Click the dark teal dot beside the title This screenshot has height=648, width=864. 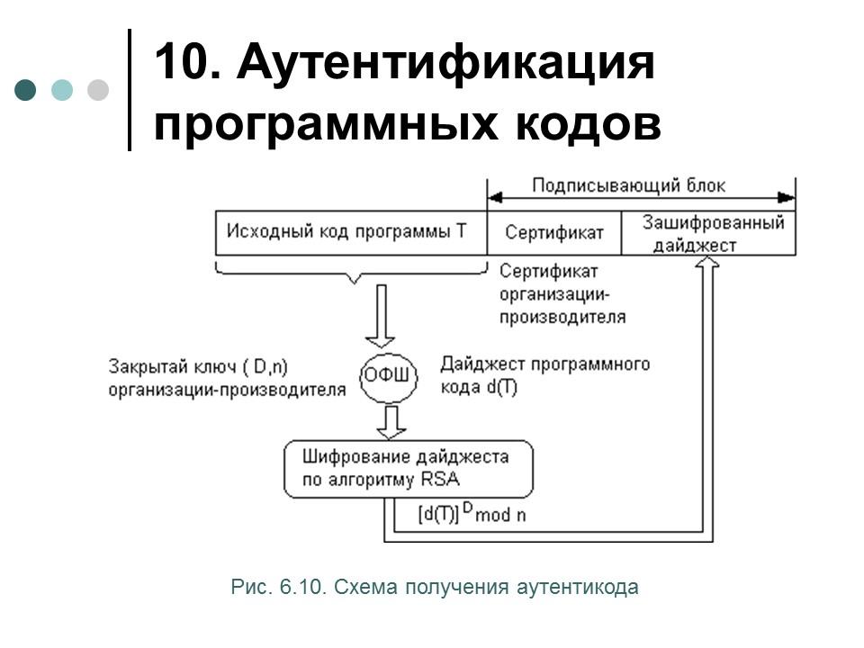click(26, 90)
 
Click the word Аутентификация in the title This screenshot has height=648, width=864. click(445, 65)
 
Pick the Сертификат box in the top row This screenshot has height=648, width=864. click(553, 232)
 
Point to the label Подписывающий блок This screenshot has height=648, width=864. click(628, 186)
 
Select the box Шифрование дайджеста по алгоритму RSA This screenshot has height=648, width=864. click(409, 468)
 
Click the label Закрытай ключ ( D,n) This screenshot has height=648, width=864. click(204, 366)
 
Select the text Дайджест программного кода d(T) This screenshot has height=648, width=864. click(544, 375)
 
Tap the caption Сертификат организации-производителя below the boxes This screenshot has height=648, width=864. click(562, 293)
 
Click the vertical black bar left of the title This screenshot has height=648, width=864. click(129, 90)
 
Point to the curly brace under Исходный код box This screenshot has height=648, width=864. click(351, 273)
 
